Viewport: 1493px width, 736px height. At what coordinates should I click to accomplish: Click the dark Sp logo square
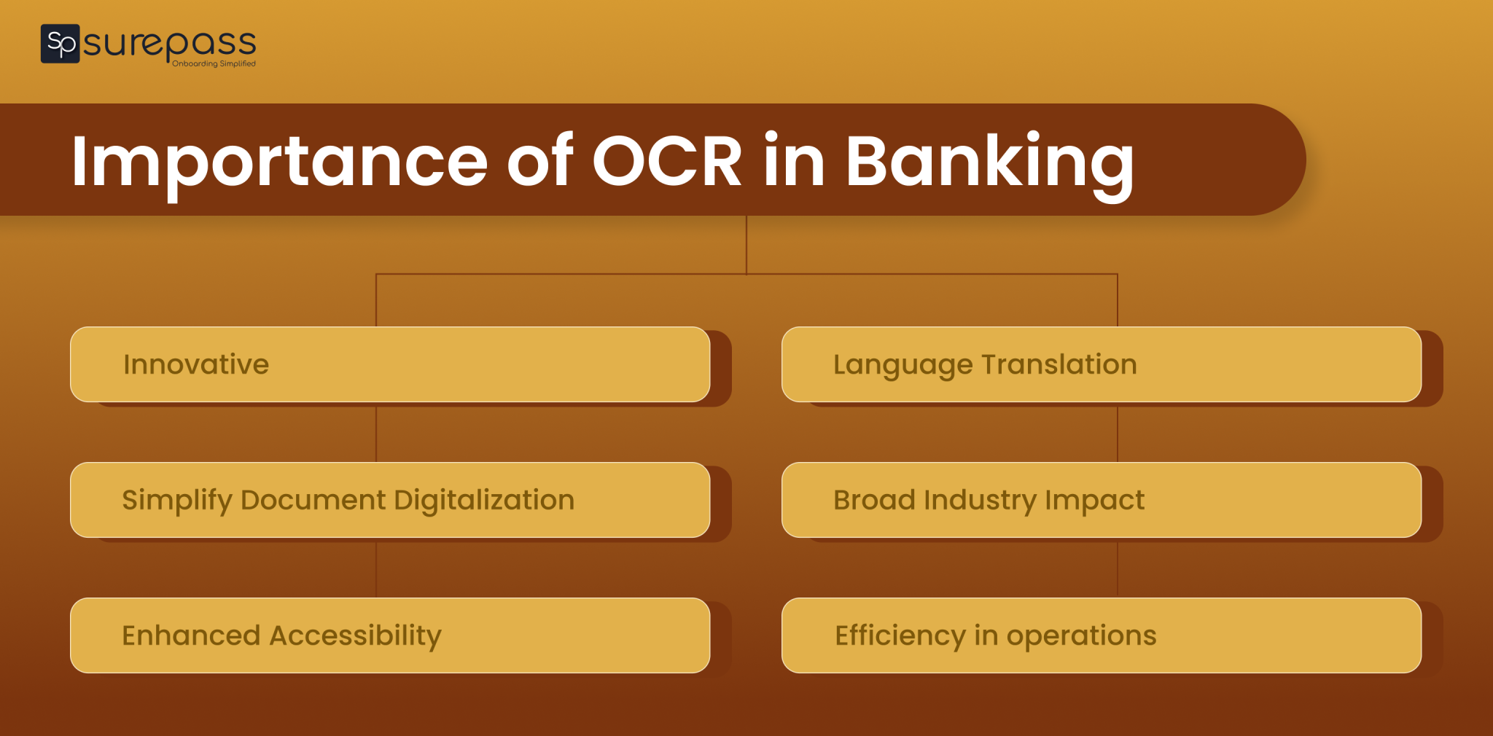60,44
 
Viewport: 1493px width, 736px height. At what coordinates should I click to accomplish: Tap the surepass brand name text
169,42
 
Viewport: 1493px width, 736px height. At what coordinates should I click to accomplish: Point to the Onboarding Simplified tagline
214,64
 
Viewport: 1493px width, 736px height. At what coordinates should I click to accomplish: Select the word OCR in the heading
666,162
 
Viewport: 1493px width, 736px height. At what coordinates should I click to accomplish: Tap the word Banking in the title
989,162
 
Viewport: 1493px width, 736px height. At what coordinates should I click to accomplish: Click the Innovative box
390,364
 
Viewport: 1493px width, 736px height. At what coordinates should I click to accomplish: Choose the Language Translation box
1101,364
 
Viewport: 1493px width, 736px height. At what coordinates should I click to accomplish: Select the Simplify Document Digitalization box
390,500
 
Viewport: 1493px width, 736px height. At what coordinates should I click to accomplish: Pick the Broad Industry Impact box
1101,500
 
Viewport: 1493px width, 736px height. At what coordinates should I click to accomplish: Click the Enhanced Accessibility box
390,635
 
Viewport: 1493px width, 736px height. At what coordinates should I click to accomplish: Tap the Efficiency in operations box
1101,635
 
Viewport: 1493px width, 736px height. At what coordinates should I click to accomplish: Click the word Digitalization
484,500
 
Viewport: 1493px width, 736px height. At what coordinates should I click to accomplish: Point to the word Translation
1059,364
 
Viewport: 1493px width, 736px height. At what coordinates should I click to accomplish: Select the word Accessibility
355,635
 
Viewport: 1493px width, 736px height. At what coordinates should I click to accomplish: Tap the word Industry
980,500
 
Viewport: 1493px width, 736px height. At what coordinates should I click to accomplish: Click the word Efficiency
900,635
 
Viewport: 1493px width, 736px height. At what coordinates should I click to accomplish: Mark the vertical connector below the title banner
746,245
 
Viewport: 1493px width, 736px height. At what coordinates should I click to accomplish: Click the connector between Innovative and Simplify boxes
376,433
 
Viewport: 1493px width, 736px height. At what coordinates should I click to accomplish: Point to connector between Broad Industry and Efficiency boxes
1118,568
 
